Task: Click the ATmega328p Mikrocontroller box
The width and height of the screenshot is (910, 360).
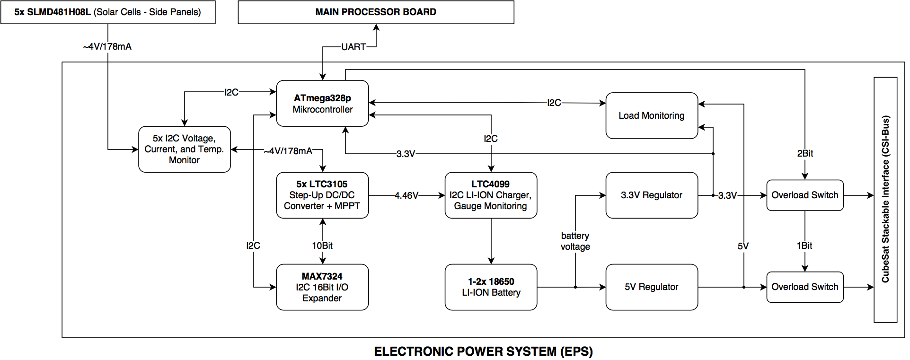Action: pyautogui.click(x=322, y=103)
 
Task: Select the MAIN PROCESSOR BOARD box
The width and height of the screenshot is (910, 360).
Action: pyautogui.click(x=376, y=12)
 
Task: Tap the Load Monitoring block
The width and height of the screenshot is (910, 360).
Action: pyautogui.click(x=652, y=115)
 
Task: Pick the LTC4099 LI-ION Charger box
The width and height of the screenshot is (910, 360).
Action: pyautogui.click(x=491, y=195)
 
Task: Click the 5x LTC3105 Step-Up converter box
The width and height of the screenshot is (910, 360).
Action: pyautogui.click(x=322, y=195)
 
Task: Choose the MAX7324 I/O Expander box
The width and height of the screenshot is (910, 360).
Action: pyautogui.click(x=322, y=287)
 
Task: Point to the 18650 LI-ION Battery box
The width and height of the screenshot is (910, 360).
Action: pyautogui.click(x=491, y=287)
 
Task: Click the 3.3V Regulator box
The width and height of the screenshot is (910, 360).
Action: pyautogui.click(x=652, y=195)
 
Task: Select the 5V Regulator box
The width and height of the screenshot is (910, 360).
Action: pyautogui.click(x=652, y=287)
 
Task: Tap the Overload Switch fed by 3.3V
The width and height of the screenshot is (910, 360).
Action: pyautogui.click(x=805, y=195)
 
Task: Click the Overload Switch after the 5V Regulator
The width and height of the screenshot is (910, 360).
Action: pyautogui.click(x=805, y=287)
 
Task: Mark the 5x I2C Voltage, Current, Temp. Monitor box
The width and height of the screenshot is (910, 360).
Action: pyautogui.click(x=185, y=149)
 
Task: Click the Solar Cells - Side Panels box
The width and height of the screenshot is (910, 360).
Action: pyautogui.click(x=108, y=12)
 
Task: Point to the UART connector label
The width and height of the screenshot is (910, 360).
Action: pyautogui.click(x=353, y=47)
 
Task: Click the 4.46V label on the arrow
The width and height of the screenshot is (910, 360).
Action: pyautogui.click(x=406, y=195)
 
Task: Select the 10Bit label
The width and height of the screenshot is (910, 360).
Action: pyautogui.click(x=322, y=246)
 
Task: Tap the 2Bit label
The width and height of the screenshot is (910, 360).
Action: pyautogui.click(x=805, y=153)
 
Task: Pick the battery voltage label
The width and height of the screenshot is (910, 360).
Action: pyautogui.click(x=575, y=241)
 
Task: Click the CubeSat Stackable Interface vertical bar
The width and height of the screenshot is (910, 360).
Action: pyautogui.click(x=885, y=200)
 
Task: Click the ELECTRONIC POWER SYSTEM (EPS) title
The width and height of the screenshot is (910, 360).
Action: pyautogui.click(x=483, y=351)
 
